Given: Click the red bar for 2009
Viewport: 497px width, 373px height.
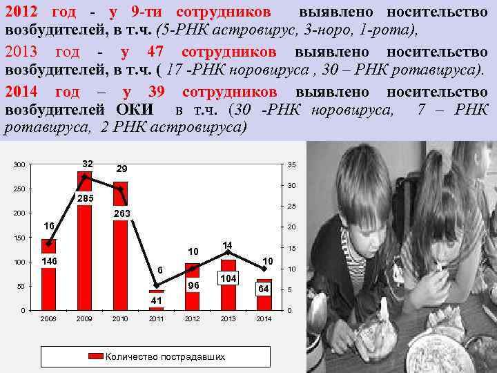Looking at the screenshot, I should (84, 256).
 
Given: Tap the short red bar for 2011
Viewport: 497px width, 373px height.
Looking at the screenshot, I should (156, 309).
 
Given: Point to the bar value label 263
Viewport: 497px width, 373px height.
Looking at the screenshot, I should (121, 214).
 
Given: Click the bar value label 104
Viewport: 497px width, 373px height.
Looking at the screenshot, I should (228, 278).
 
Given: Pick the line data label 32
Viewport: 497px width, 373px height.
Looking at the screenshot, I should (88, 164).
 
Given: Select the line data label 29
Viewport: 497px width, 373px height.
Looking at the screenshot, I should (121, 169).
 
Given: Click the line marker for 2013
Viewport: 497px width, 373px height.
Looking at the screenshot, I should (228, 253).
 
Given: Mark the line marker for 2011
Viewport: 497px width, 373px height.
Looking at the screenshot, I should (156, 285).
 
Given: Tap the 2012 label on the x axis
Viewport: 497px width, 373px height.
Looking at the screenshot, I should (192, 319).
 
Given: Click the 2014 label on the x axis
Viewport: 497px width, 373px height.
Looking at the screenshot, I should (264, 319).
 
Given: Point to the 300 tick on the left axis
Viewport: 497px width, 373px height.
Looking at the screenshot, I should (19, 164).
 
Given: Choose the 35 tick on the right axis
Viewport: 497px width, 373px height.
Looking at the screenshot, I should (292, 164).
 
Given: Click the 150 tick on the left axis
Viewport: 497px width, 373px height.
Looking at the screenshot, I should (19, 238).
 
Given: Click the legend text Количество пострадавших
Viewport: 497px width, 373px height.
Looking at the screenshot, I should (165, 356).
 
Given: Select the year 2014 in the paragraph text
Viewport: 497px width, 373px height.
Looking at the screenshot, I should (23, 93).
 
